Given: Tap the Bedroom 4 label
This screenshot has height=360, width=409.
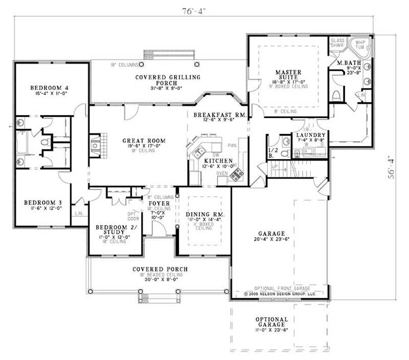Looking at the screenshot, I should (49, 87).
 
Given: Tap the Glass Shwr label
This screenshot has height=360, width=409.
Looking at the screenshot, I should (337, 42).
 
